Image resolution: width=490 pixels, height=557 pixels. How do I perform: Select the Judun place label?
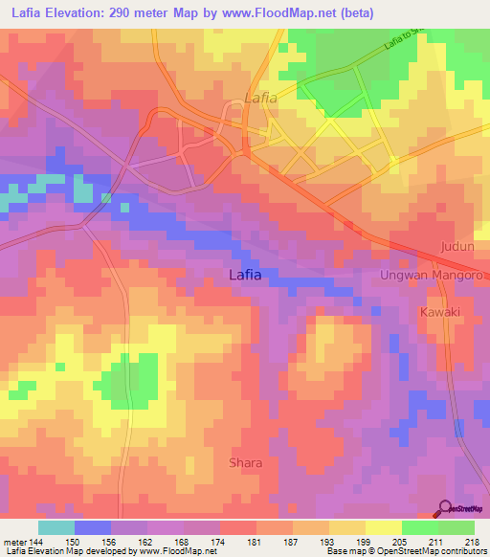tap(457, 246)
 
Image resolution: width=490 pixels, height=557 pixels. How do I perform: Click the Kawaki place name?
tap(440, 313)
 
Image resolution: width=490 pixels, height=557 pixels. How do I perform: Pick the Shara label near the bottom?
tap(245, 463)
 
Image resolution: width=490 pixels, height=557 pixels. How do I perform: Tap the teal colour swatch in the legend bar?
tap(56, 527)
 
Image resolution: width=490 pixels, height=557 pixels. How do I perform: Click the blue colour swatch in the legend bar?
tap(93, 527)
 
